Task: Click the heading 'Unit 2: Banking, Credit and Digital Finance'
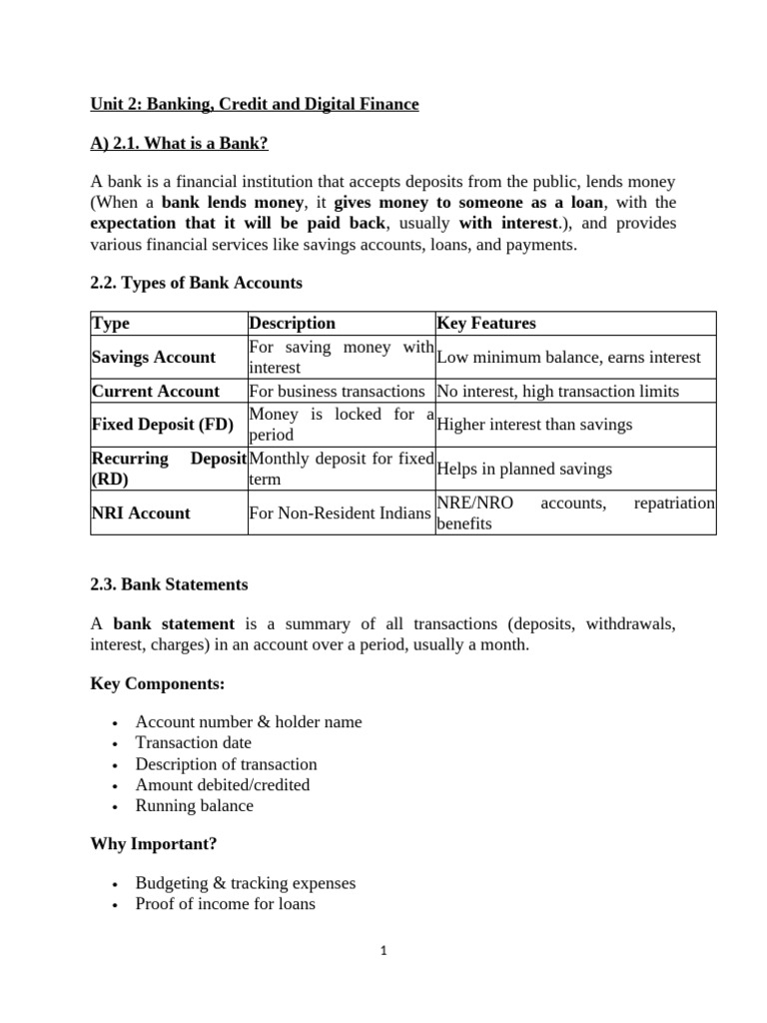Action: point(255,104)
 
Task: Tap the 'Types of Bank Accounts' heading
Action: point(196,284)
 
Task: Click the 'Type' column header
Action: point(111,324)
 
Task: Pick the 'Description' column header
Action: point(292,324)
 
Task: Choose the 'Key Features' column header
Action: point(486,324)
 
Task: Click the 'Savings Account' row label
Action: point(154,358)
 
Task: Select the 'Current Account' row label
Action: point(156,392)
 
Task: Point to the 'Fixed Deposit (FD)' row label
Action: point(163,425)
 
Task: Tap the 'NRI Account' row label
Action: point(141,513)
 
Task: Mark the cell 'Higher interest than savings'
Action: point(535,425)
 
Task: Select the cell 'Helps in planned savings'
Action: point(525,469)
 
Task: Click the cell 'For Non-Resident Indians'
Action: point(340,513)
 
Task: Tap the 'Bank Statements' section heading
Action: point(169,584)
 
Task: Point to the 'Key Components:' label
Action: point(157,684)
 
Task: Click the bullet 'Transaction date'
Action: point(194,742)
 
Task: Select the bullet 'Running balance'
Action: point(195,805)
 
